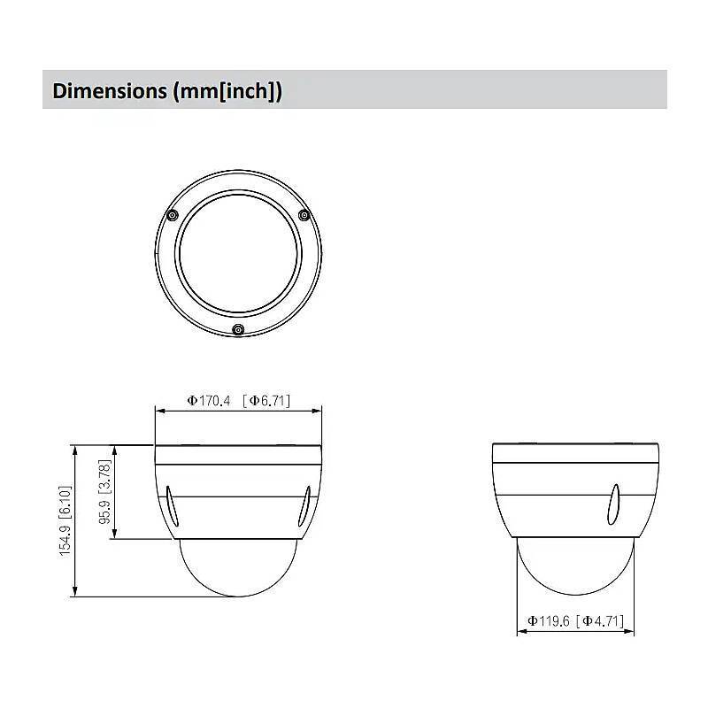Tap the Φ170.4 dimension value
208,401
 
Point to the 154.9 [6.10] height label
65,520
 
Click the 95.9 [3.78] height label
104,491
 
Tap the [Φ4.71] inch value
605,621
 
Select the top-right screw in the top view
304,214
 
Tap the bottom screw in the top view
237,330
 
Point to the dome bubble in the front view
238,566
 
